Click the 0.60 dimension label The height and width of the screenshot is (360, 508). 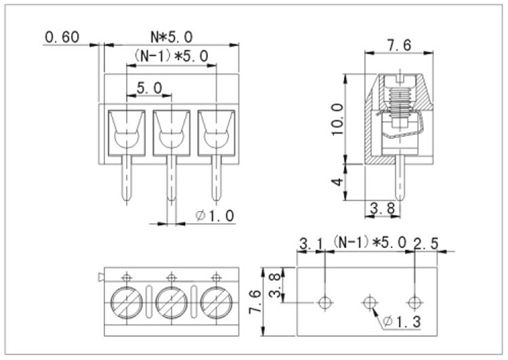coord(62,37)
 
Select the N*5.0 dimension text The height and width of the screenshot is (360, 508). coord(171,36)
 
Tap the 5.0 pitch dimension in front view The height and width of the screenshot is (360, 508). coord(149,88)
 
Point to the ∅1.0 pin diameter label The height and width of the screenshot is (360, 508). coord(215,216)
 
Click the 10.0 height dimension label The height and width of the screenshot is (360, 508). coord(337,119)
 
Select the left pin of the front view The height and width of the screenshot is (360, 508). coord(127,180)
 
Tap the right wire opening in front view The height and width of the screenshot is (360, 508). coord(216,129)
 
